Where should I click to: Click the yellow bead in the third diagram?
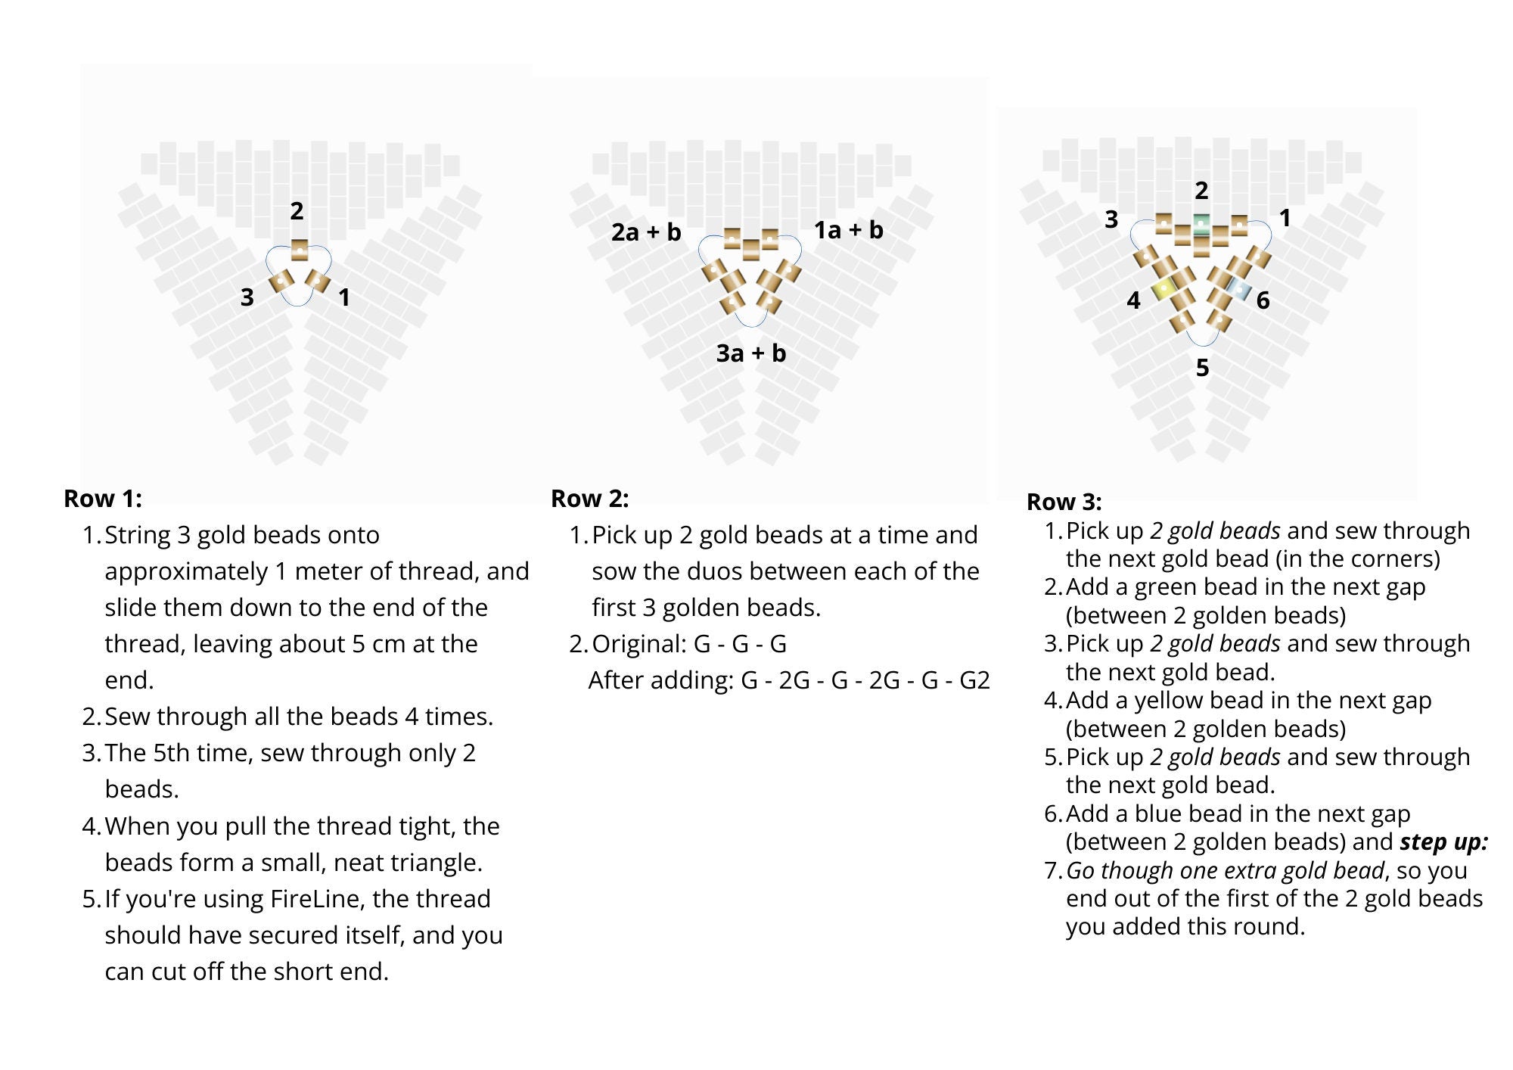point(1163,288)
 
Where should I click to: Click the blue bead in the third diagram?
point(1239,288)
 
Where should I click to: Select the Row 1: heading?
point(103,499)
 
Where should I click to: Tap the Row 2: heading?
point(589,499)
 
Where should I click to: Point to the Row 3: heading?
point(1064,502)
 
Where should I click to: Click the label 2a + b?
point(645,232)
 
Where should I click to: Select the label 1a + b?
point(848,230)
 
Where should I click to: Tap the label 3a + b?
point(750,353)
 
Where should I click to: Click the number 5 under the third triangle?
point(1202,368)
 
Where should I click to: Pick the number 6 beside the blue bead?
point(1263,300)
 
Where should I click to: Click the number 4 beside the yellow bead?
point(1133,300)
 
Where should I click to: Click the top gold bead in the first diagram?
point(300,249)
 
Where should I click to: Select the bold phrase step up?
point(1443,842)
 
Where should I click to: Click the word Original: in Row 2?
point(639,644)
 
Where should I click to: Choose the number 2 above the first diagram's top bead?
point(297,211)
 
